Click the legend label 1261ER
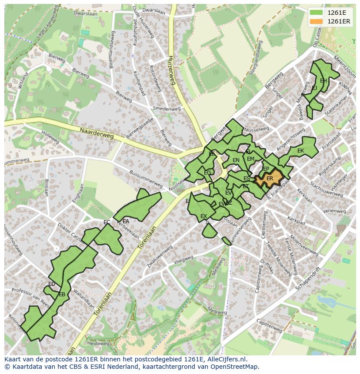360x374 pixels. point(339,21)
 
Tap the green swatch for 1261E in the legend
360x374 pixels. point(317,13)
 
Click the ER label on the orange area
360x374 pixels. point(270,179)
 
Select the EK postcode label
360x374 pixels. point(300,151)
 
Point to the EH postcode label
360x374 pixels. point(323,81)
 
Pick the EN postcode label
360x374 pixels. point(236,160)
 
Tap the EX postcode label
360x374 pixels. point(203,216)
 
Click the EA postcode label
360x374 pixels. point(126,221)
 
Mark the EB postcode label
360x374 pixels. point(62,295)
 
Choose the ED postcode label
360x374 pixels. point(52,284)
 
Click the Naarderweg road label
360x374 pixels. point(97,133)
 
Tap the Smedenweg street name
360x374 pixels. point(167,109)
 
